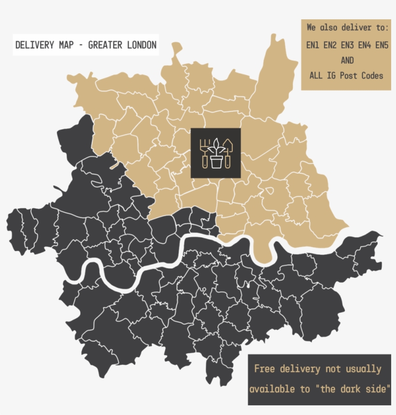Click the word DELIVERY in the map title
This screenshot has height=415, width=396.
tap(35, 45)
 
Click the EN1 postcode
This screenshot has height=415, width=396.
tap(313, 45)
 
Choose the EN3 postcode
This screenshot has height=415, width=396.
tap(347, 45)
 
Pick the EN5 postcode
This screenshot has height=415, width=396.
tap(382, 45)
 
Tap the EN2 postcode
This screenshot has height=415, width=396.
tap(330, 45)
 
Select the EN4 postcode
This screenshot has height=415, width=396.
tap(365, 45)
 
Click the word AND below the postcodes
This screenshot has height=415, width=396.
tap(347, 60)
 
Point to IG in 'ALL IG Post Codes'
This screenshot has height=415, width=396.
tap(332, 75)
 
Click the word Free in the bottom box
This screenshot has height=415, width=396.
tap(264, 369)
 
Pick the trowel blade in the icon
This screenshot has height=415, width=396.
tap(228, 145)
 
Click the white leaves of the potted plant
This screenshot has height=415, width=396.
tap(216, 146)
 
